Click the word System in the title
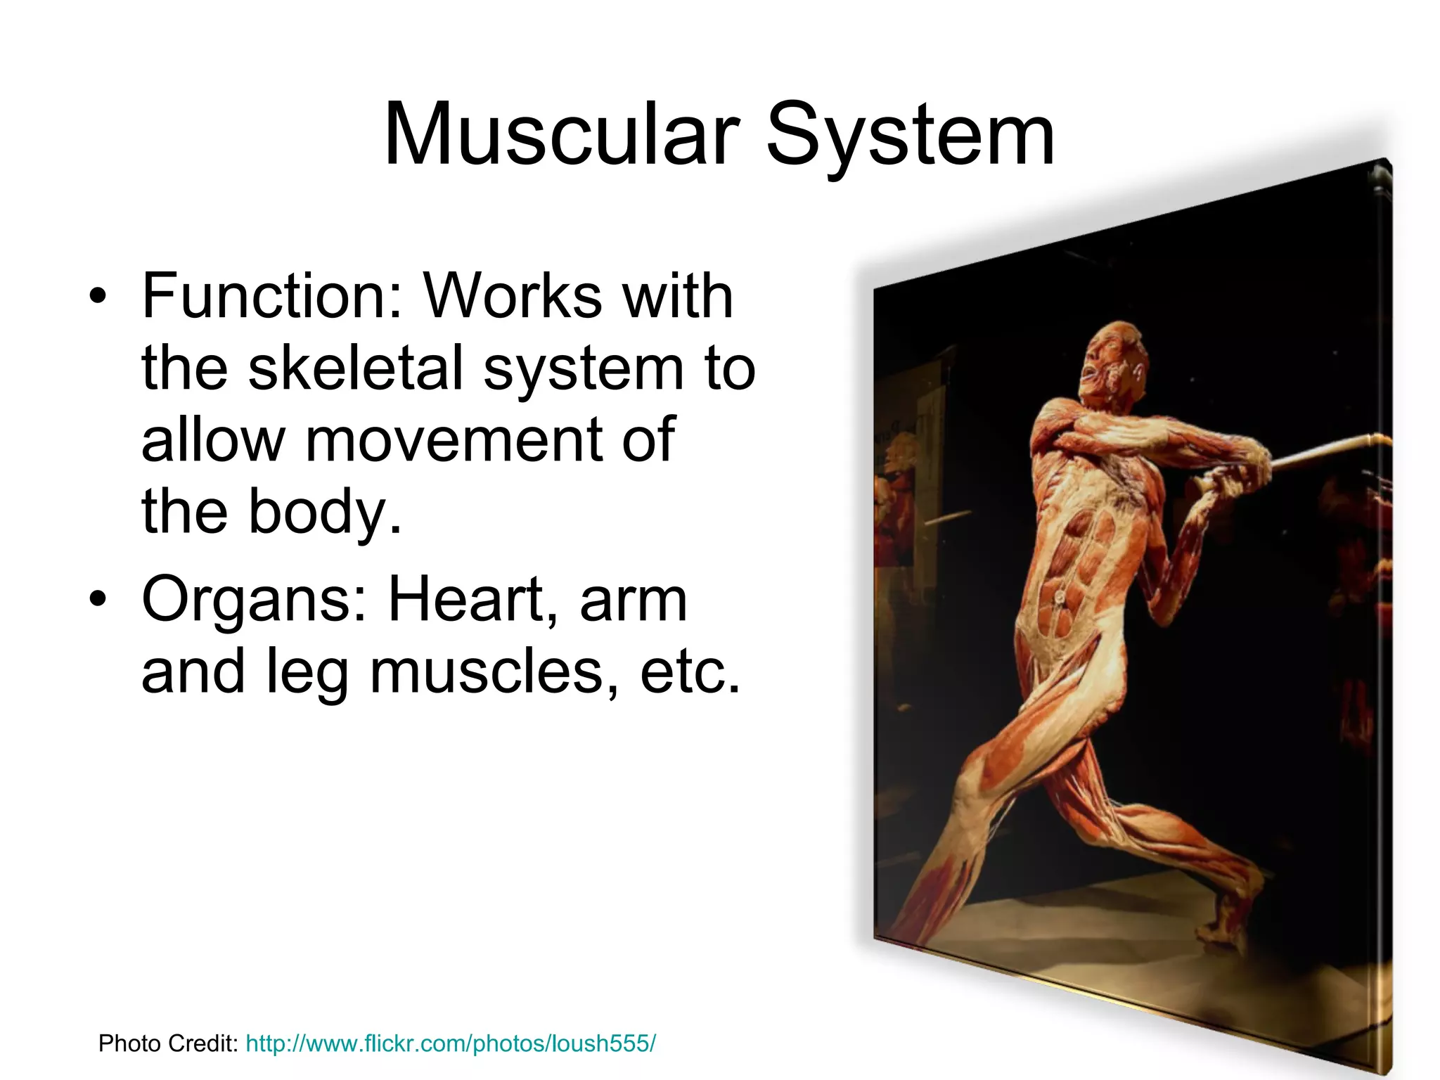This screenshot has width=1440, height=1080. click(x=910, y=135)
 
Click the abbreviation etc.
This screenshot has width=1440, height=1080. click(x=690, y=671)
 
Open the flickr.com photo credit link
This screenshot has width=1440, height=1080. click(x=451, y=1043)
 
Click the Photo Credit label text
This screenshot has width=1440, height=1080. click(x=169, y=1043)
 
